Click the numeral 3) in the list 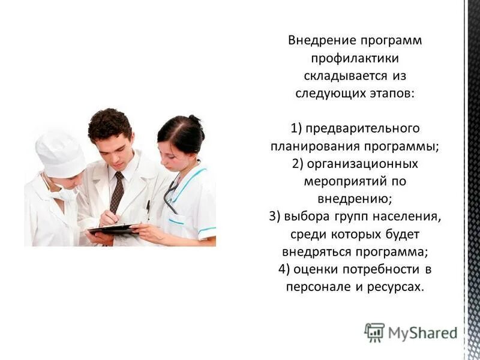[x=275, y=217]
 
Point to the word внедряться [x=312, y=251]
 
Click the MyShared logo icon [x=374, y=332]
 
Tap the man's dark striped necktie [x=118, y=192]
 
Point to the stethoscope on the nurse [x=171, y=195]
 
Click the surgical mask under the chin [x=64, y=193]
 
